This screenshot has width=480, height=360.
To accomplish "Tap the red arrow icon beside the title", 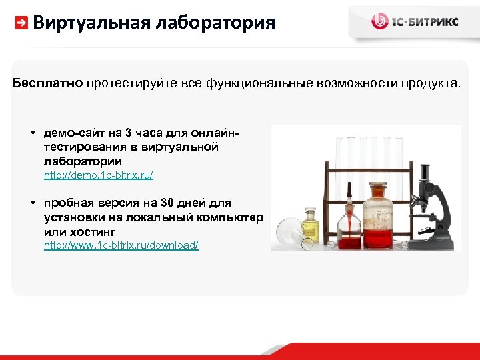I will (x=21, y=23).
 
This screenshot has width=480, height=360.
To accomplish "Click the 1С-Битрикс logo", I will (x=414, y=21).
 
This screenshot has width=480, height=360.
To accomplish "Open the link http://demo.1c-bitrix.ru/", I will (x=99, y=175).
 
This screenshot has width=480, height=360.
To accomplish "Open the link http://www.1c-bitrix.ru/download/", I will (x=121, y=245).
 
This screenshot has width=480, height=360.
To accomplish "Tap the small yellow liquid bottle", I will (x=310, y=225).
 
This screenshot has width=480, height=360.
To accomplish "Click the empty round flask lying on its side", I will (x=288, y=233).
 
